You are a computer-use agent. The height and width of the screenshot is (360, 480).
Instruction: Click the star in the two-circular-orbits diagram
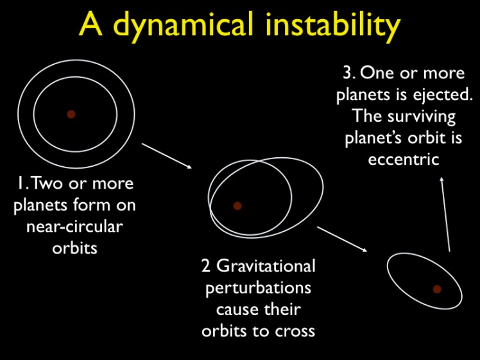(x=71, y=114)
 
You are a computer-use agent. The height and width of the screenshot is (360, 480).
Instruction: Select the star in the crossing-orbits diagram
(x=237, y=206)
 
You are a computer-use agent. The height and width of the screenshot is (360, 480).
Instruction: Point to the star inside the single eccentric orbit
(x=437, y=289)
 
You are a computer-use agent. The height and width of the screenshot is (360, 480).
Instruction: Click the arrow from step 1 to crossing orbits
(x=167, y=156)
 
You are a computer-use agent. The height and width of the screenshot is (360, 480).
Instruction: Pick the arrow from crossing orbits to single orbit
(x=342, y=239)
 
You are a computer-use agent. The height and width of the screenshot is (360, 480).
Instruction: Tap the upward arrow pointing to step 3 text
(x=445, y=214)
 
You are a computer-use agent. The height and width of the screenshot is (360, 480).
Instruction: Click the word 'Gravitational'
(x=266, y=266)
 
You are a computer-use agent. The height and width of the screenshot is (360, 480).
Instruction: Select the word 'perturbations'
(x=259, y=288)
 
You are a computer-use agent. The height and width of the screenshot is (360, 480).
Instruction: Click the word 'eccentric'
(x=404, y=160)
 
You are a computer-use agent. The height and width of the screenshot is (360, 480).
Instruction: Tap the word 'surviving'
(x=421, y=117)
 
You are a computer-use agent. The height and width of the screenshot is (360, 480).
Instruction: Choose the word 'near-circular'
(x=74, y=227)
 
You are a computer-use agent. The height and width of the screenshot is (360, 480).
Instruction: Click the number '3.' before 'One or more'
(x=348, y=73)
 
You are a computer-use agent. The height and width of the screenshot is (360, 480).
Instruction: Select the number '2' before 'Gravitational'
(x=206, y=266)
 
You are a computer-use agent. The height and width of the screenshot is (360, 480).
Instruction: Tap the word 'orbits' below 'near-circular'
(x=74, y=247)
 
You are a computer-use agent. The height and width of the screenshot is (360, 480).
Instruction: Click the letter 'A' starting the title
(x=90, y=25)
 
